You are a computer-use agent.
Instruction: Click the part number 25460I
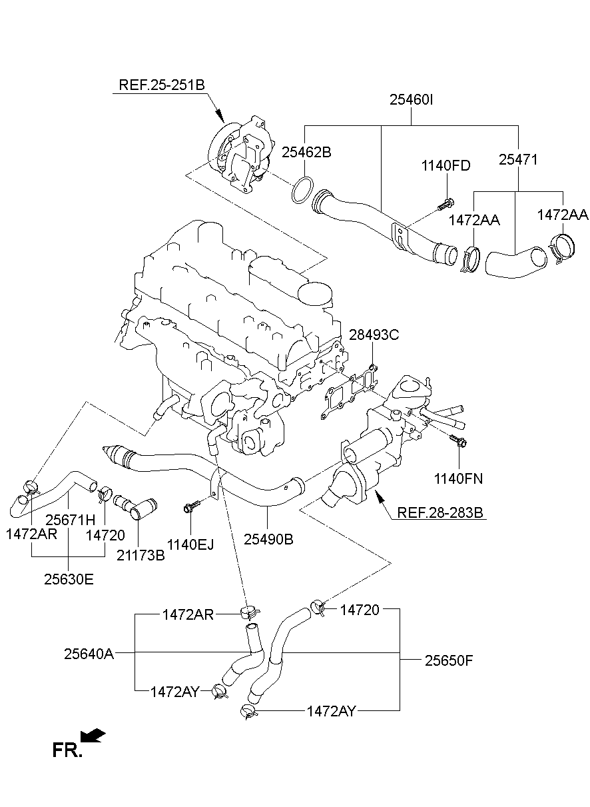coord(411,101)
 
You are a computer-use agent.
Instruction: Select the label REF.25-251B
coord(161,85)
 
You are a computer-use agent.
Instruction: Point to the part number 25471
coord(518,160)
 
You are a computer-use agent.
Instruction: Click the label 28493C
coord(374,335)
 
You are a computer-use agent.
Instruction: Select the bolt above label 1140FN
coord(457,440)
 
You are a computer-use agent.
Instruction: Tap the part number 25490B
coord(269,538)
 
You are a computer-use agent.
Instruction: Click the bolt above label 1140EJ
coord(189,508)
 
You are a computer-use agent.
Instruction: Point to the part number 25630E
coord(69,578)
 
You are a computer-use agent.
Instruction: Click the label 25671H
coord(71,518)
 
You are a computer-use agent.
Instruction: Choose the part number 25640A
coord(89,654)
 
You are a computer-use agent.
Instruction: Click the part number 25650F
coord(449,660)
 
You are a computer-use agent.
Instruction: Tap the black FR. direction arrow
coord(93,735)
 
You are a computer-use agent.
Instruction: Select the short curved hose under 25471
coord(514,261)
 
